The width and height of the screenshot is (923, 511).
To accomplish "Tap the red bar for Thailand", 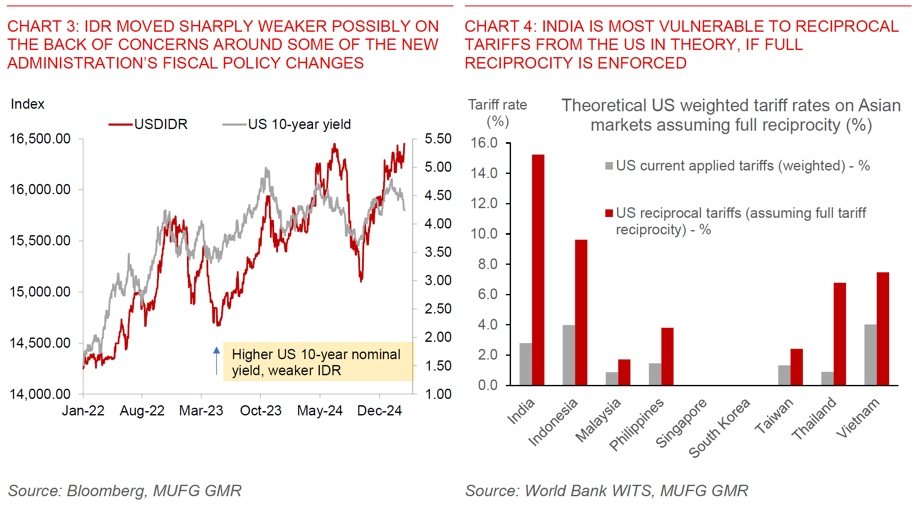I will click(840, 334).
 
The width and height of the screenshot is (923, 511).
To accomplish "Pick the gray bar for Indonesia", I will click(569, 355).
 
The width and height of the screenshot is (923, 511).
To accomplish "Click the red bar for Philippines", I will click(667, 356).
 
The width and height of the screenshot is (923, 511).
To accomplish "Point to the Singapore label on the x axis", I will click(681, 423).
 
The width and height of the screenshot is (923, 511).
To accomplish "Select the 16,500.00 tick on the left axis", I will click(40, 139).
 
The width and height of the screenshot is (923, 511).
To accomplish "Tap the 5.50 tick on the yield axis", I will click(438, 139).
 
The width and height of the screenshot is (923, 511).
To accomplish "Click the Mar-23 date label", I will click(201, 411).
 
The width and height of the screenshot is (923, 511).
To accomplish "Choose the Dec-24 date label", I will click(379, 411).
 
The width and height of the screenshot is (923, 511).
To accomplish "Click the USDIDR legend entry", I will click(148, 124).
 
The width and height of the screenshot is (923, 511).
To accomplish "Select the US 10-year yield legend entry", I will click(287, 124).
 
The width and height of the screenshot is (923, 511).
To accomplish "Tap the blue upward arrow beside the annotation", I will click(217, 360).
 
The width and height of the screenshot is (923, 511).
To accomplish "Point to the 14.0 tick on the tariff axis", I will click(484, 173).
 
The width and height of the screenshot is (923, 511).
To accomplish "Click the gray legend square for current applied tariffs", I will click(609, 166).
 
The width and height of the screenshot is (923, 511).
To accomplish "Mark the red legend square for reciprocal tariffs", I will click(609, 213).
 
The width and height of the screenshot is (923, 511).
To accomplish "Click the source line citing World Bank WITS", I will click(607, 491).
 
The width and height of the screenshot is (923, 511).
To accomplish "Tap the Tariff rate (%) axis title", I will click(497, 113).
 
